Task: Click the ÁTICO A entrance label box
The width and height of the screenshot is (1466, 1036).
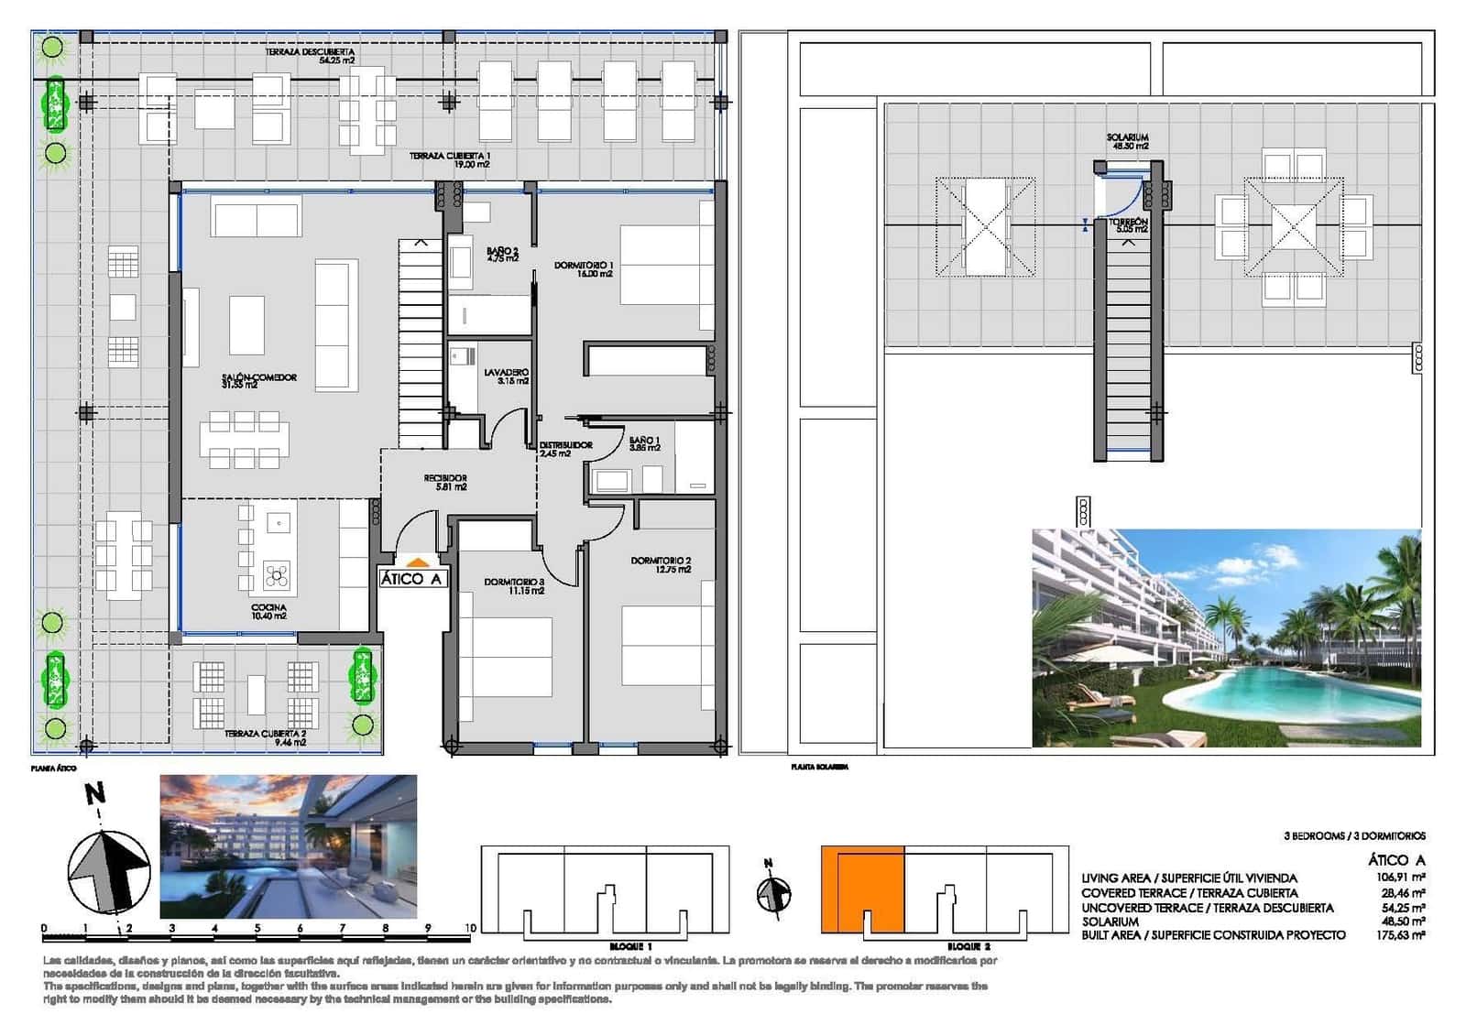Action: pos(412,578)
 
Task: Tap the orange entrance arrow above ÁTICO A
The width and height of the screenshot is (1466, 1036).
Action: pos(417,563)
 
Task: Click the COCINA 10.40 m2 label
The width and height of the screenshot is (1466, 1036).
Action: pos(268,611)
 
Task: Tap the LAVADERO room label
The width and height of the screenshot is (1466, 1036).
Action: pos(507,376)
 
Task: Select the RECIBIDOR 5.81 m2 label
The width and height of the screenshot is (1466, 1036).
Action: pos(445,482)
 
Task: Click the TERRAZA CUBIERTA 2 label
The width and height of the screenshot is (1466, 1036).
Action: pos(266,737)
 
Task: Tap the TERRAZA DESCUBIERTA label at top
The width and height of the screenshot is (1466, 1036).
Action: pos(310,56)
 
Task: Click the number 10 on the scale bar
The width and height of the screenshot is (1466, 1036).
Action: pos(470,928)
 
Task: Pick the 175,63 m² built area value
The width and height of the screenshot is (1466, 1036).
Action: pos(1402,935)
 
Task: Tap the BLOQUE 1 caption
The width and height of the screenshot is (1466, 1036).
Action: pos(630,945)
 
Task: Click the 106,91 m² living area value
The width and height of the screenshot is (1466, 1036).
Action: pos(1402,878)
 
